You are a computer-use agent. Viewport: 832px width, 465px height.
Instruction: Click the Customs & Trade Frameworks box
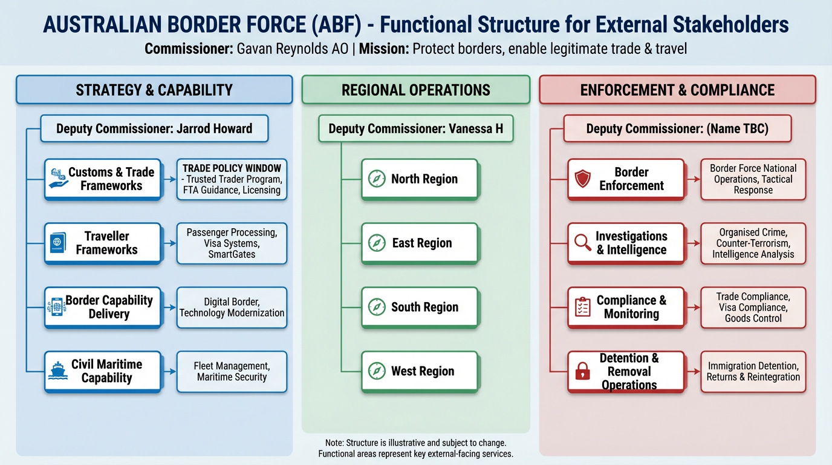tap(103, 179)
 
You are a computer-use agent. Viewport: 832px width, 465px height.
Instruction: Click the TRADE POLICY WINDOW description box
tap(232, 179)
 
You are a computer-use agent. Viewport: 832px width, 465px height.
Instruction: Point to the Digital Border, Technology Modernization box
tap(232, 308)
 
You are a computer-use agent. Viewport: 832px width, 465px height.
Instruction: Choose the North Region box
tap(420, 179)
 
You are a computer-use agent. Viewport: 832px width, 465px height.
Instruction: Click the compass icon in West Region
tap(377, 371)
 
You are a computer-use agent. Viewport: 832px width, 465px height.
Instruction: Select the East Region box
tap(420, 243)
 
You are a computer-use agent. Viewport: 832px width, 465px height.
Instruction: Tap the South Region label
tap(424, 308)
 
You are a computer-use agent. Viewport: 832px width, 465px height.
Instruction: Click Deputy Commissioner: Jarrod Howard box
tap(154, 128)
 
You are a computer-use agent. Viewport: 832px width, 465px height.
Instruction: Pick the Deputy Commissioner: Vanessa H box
tap(415, 128)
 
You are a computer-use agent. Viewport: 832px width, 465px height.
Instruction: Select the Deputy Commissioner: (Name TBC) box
tap(677, 128)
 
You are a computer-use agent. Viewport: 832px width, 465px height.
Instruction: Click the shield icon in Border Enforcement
tap(582, 179)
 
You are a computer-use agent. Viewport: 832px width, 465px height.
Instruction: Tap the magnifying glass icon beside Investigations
tap(582, 243)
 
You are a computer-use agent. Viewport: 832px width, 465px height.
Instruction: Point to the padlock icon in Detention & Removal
tap(582, 371)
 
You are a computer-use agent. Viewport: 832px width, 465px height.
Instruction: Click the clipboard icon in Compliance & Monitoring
tap(582, 308)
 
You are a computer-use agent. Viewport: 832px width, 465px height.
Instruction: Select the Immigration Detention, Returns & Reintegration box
tap(753, 371)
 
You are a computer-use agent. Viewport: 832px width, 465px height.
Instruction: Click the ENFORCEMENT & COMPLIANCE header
tap(677, 90)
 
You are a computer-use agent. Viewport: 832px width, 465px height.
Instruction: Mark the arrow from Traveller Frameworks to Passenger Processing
tap(169, 243)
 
